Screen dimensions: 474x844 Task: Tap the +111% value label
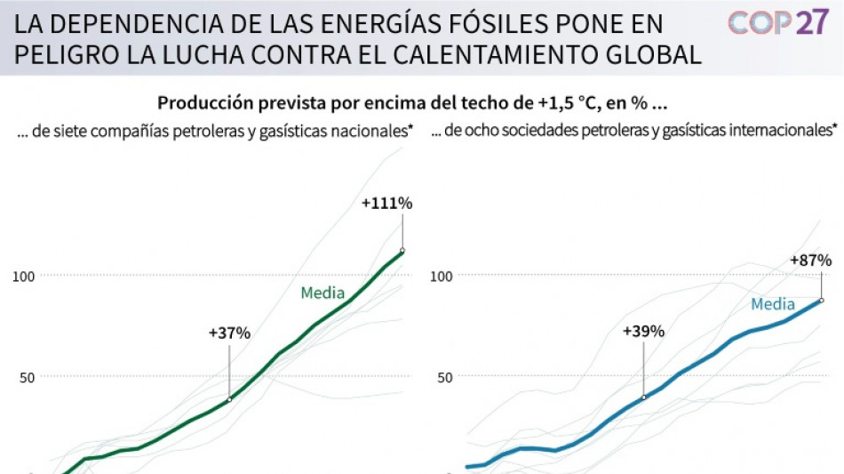click(386, 203)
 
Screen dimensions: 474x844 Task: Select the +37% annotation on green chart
click(229, 333)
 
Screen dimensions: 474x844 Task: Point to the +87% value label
click(810, 261)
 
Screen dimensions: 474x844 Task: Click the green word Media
click(322, 293)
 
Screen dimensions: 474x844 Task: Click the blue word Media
click(772, 304)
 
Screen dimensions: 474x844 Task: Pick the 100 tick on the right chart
click(442, 276)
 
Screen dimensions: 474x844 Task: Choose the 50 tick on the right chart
click(444, 376)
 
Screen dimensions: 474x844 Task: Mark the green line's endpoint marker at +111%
click(402, 251)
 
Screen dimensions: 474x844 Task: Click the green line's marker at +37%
click(229, 399)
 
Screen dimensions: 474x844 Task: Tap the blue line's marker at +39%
click(643, 397)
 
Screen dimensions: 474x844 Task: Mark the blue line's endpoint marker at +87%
click(822, 300)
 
